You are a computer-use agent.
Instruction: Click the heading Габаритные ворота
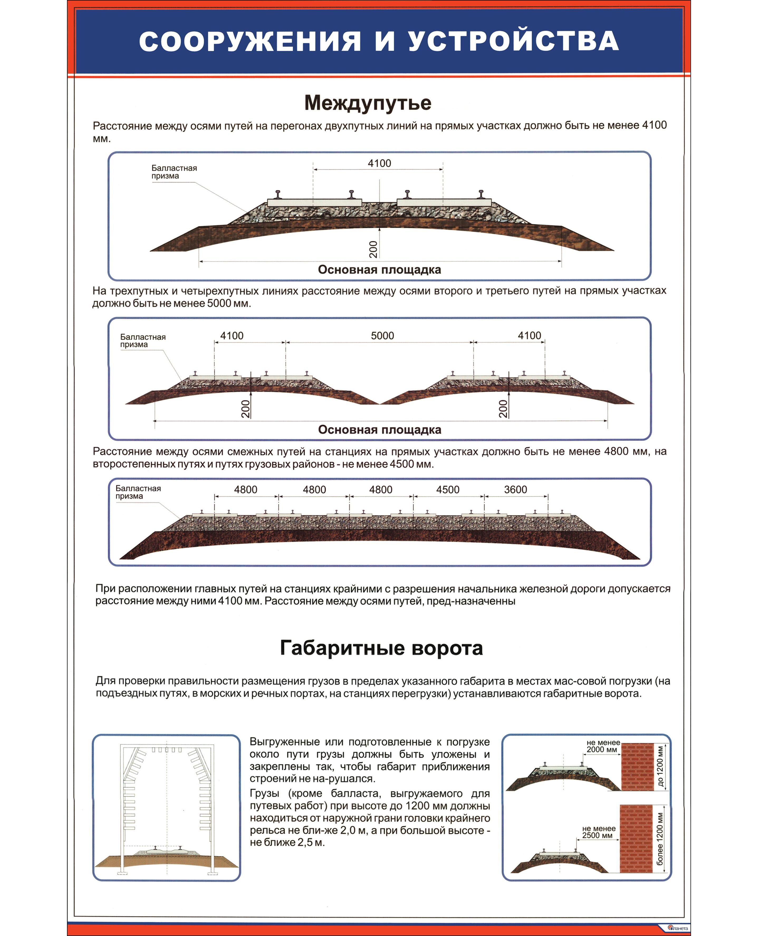coord(381,648)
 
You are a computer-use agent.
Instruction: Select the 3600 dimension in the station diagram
coord(515,490)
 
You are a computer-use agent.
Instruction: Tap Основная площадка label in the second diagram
coord(380,430)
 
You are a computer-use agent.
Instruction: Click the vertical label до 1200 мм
coord(660,767)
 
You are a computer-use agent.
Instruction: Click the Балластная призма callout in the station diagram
coord(138,492)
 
